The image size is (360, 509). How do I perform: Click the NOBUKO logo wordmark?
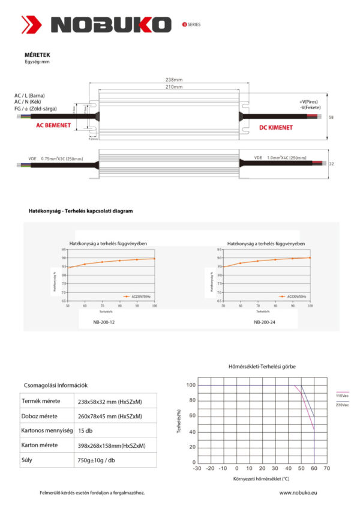(111, 25)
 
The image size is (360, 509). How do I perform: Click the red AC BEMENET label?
(53, 125)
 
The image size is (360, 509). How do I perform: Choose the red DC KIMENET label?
(276, 127)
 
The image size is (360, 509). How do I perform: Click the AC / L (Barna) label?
(30, 96)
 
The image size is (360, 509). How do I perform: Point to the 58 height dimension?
(331, 118)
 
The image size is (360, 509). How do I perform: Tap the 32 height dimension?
(331, 163)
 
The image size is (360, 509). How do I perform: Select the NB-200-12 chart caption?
(106, 322)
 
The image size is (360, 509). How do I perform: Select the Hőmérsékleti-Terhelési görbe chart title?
(262, 366)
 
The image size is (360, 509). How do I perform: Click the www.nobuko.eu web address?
(298, 493)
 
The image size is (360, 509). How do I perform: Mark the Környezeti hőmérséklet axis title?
(261, 478)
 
